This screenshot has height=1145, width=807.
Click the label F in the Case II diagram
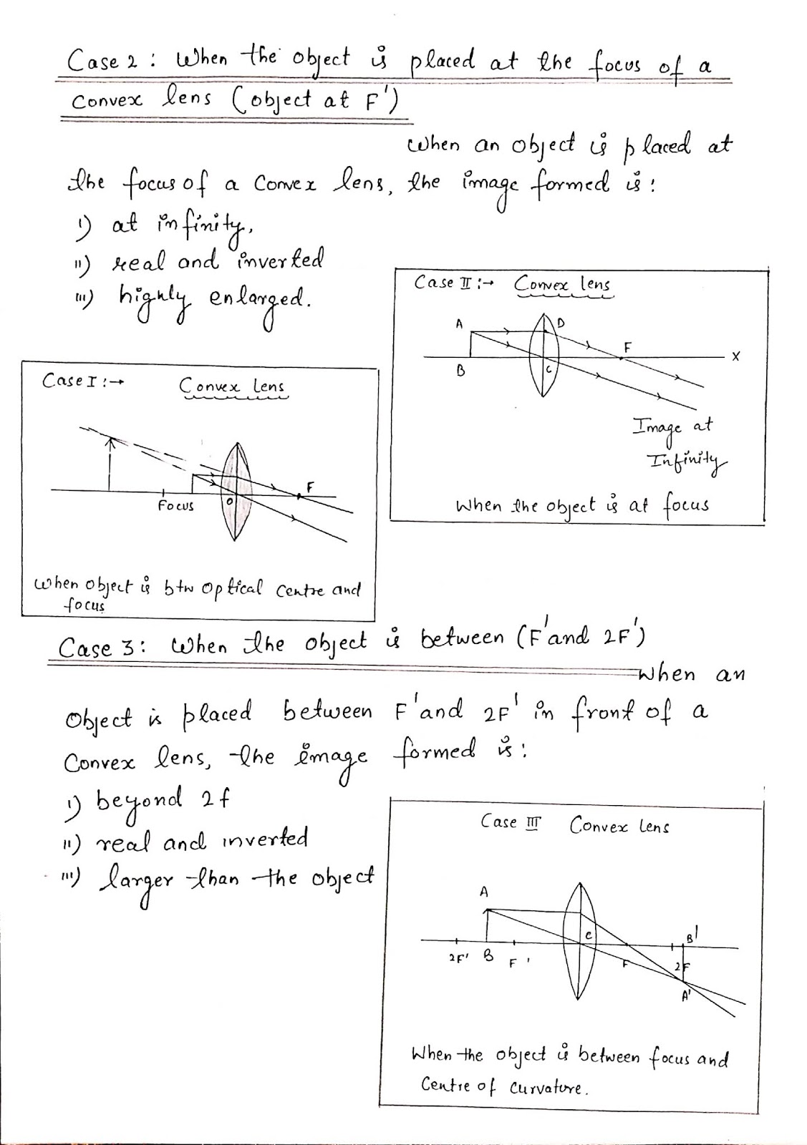tap(628, 347)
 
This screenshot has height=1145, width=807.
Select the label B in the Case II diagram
tap(461, 371)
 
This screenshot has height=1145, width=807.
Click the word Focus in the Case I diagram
tap(175, 506)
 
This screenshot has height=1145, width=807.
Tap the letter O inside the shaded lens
tap(229, 502)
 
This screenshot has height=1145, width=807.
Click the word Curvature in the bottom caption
tap(548, 1088)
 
